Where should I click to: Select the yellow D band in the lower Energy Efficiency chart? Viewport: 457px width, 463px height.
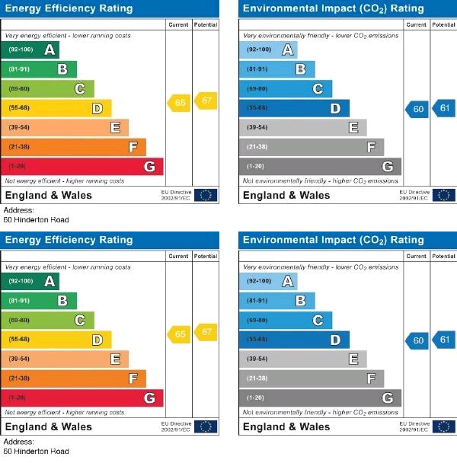58,340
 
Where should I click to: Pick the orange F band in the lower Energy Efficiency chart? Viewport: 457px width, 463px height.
75,378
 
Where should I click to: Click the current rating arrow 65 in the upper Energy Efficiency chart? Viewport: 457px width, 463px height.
179,103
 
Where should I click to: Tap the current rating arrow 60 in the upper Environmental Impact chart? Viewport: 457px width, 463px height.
417,110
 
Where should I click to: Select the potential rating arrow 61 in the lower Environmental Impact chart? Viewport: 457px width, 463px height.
443,340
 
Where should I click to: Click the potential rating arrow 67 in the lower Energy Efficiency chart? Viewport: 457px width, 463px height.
205,332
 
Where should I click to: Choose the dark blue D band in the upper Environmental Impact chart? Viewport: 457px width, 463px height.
296,109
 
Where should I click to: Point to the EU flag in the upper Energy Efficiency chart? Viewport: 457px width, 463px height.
205,195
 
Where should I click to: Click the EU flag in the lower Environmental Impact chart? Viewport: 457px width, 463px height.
443,426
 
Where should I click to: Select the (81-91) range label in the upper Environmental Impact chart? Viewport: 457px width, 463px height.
257,70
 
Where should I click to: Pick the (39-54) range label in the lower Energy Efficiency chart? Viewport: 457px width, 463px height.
20,359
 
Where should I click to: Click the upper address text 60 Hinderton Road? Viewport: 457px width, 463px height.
36,220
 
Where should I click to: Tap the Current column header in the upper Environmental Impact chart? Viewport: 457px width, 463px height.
417,24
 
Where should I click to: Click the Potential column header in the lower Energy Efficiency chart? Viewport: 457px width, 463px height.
206,256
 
